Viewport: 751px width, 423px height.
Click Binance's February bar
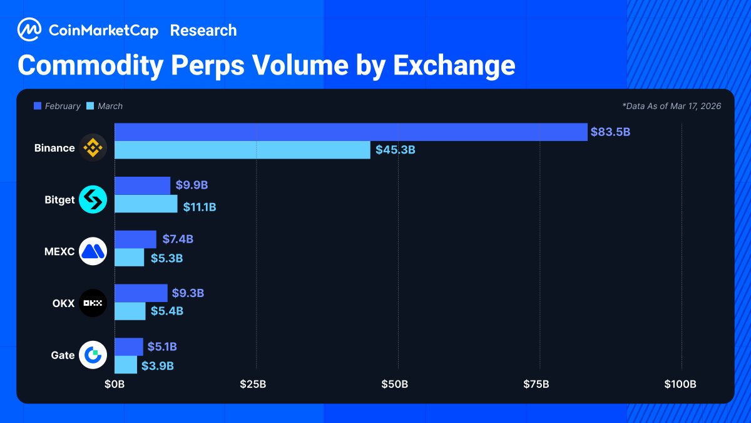(x=350, y=132)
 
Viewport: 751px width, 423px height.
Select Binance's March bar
(x=242, y=150)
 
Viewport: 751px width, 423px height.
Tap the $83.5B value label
(x=610, y=132)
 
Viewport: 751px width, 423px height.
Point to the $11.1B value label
(x=200, y=207)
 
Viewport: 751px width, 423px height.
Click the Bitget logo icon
(x=93, y=200)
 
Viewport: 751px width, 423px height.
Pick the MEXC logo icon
(x=93, y=252)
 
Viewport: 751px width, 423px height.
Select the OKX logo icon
(x=93, y=303)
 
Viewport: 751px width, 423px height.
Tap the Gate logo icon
(x=93, y=355)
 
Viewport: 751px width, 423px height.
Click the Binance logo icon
(x=93, y=149)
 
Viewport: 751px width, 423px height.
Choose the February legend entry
(x=57, y=107)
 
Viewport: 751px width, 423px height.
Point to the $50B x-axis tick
(x=395, y=384)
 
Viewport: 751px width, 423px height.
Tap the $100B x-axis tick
(x=680, y=384)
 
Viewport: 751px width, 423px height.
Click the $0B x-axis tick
(x=115, y=384)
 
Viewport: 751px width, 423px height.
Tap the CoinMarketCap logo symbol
(x=29, y=29)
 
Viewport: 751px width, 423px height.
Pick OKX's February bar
(x=141, y=293)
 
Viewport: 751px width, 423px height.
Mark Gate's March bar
(x=126, y=365)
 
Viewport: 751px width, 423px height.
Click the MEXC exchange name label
(x=59, y=252)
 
